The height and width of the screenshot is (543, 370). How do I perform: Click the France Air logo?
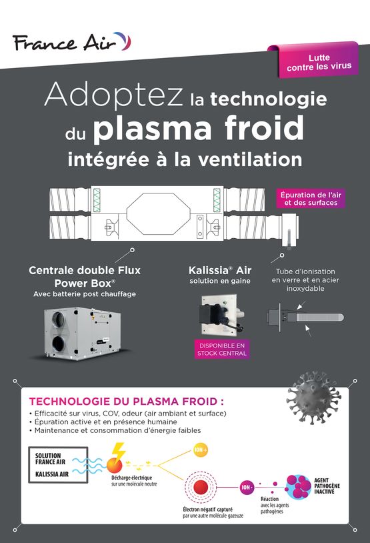[x=71, y=42]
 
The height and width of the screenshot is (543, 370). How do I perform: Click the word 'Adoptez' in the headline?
[x=113, y=95]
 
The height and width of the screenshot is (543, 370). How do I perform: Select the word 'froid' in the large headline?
[x=265, y=129]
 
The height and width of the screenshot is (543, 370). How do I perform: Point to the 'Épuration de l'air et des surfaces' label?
[x=311, y=198]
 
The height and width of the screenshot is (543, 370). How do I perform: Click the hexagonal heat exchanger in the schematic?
[x=159, y=213]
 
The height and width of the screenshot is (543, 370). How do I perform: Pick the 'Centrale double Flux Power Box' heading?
[x=85, y=276]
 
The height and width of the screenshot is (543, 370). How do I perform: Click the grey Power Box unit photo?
[x=83, y=333]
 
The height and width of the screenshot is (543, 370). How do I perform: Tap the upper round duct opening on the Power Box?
[x=58, y=320]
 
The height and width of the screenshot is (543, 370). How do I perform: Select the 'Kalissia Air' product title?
[x=220, y=270]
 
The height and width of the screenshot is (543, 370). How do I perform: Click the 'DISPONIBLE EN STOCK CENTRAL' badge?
[x=222, y=349]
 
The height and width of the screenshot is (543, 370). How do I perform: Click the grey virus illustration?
[x=313, y=397]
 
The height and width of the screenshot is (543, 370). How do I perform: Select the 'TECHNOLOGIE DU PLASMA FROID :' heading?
[x=126, y=402]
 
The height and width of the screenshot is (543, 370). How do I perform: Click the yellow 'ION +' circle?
[x=201, y=450]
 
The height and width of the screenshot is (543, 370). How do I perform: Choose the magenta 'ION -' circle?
[x=247, y=487]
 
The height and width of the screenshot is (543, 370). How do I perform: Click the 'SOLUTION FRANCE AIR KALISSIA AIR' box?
[x=58, y=465]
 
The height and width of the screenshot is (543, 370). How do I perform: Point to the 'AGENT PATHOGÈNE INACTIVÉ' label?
[x=327, y=486]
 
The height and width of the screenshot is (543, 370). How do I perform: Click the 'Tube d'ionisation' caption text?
[x=305, y=271]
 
